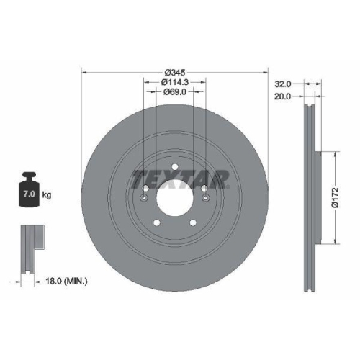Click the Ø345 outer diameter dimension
click(174, 73)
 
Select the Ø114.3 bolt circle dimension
click(174, 82)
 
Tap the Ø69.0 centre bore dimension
click(174, 91)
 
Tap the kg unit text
click(48, 195)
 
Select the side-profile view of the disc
click(312, 194)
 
